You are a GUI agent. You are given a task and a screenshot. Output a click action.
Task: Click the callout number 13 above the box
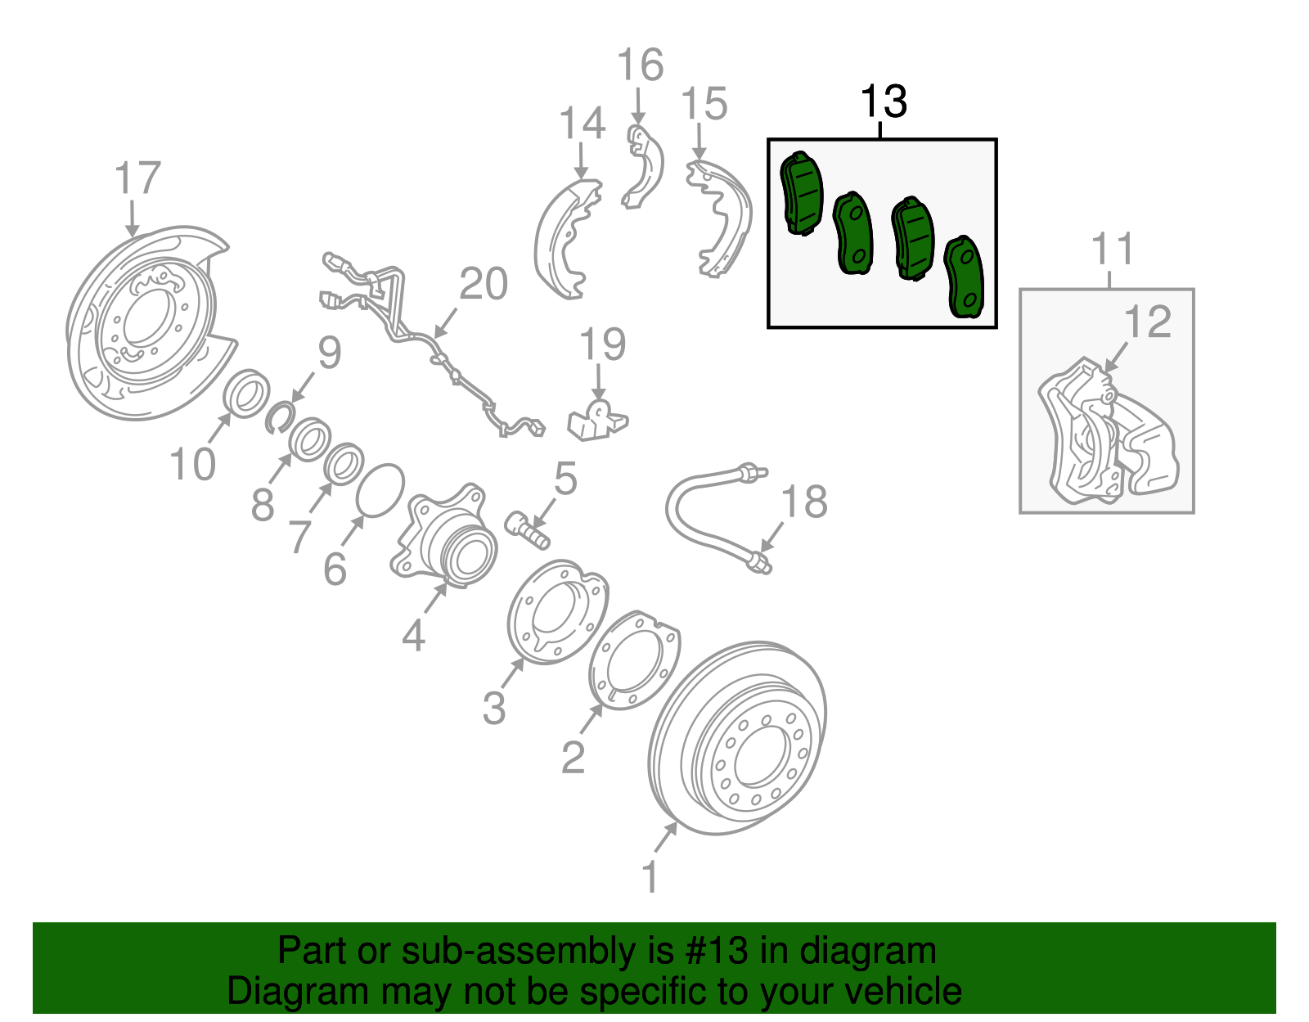tap(884, 102)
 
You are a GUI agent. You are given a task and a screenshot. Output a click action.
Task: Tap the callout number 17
tap(137, 178)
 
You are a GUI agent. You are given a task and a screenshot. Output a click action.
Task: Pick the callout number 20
tap(484, 284)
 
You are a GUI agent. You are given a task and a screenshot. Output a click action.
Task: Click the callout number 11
tap(1113, 249)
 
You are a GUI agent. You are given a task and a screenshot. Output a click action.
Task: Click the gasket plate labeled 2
tap(635, 660)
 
